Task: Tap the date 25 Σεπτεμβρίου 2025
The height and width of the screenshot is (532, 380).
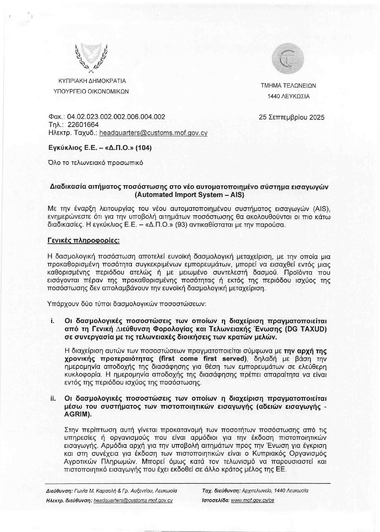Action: click(292, 117)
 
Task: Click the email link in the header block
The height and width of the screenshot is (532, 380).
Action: click(153, 133)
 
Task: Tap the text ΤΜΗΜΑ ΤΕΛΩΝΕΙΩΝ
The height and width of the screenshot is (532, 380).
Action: click(288, 85)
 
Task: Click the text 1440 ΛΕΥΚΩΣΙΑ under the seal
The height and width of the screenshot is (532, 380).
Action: click(288, 96)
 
